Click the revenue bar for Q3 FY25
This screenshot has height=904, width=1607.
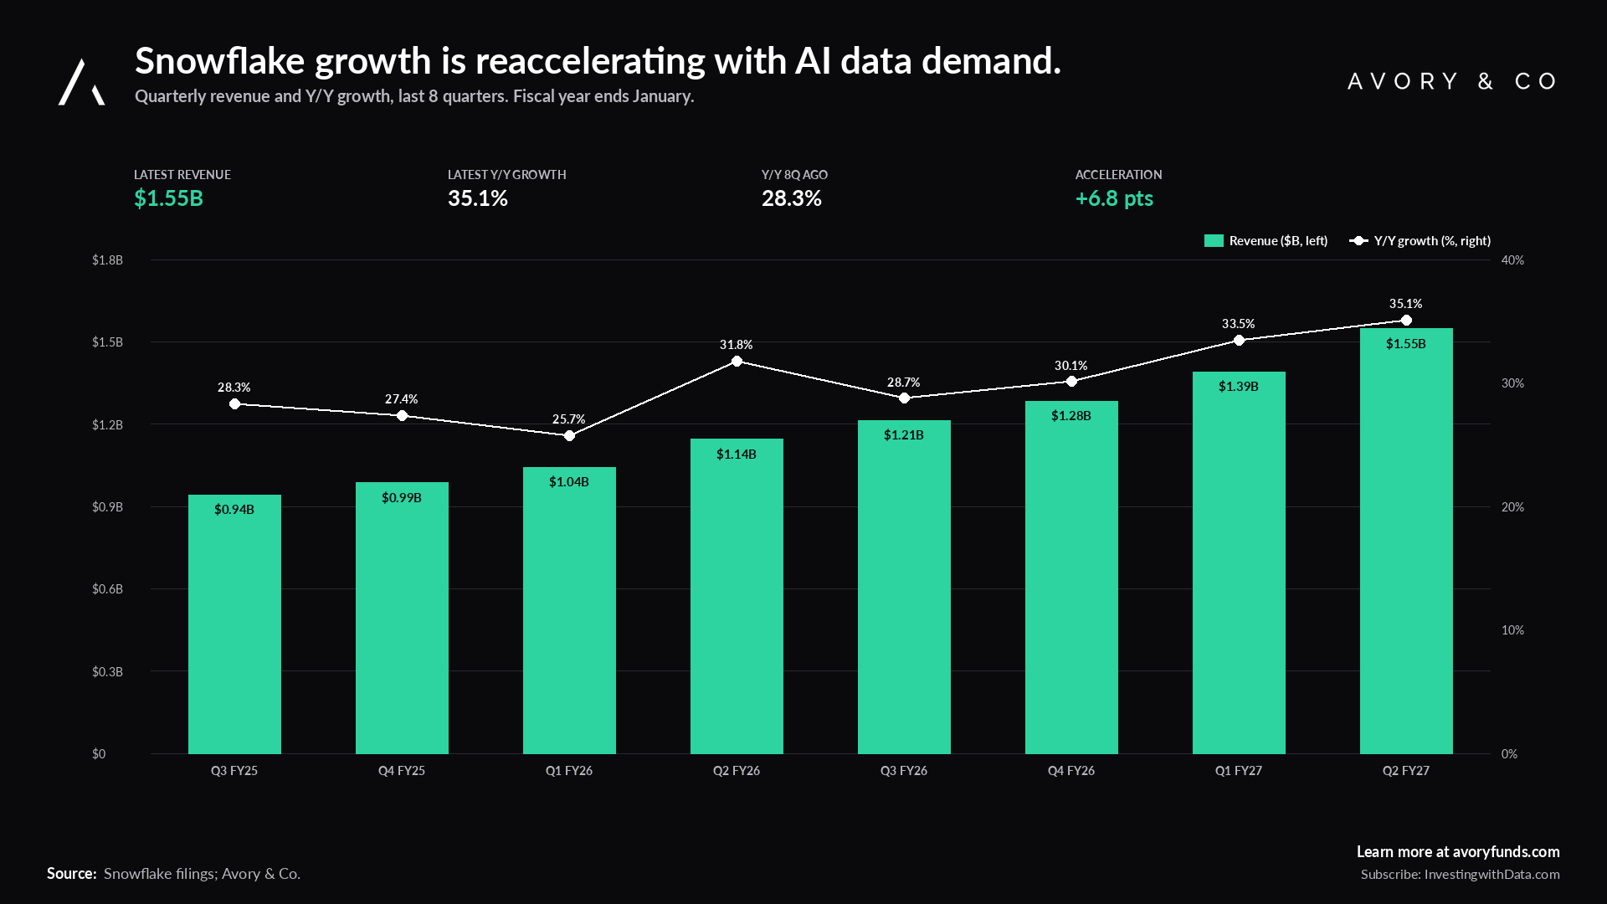[234, 624]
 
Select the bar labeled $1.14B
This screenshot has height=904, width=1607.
[737, 596]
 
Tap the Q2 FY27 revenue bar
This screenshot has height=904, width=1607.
[1406, 541]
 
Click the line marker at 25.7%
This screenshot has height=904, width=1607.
[569, 436]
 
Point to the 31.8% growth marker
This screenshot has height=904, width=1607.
[737, 362]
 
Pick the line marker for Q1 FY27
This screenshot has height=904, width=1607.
[1239, 341]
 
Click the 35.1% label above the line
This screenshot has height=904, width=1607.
[1406, 304]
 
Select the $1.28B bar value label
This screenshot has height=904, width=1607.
[1071, 416]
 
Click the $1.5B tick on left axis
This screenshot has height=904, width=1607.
[107, 342]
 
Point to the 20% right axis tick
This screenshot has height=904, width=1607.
[1512, 507]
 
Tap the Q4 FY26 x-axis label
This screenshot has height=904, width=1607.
[1071, 771]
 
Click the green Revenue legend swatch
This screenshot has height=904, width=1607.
[1214, 241]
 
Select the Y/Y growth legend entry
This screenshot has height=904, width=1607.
[1420, 241]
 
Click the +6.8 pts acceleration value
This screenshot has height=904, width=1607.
[1114, 198]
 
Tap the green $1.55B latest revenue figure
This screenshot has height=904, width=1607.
[168, 198]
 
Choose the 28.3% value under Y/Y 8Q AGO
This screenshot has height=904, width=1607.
[792, 198]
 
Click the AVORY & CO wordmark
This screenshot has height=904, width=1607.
[1452, 81]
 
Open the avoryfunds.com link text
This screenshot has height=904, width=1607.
[1506, 852]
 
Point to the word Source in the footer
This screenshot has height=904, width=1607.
[72, 874]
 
